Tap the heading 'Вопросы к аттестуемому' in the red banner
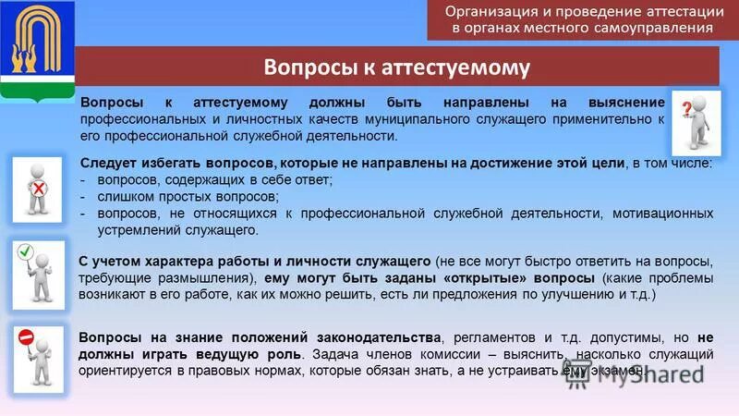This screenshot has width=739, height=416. (x=397, y=67)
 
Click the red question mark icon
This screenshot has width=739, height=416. (x=686, y=109)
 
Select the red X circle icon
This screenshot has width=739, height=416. (x=39, y=187)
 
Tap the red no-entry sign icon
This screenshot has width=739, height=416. (x=26, y=336)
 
